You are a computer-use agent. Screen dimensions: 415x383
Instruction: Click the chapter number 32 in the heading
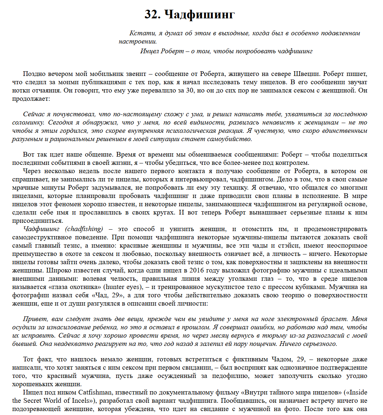[152, 14]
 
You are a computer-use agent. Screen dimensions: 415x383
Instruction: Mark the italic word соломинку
[38, 123]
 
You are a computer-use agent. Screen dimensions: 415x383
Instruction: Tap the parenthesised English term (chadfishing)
[84, 229]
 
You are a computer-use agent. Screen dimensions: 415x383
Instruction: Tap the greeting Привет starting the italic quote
[35, 319]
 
